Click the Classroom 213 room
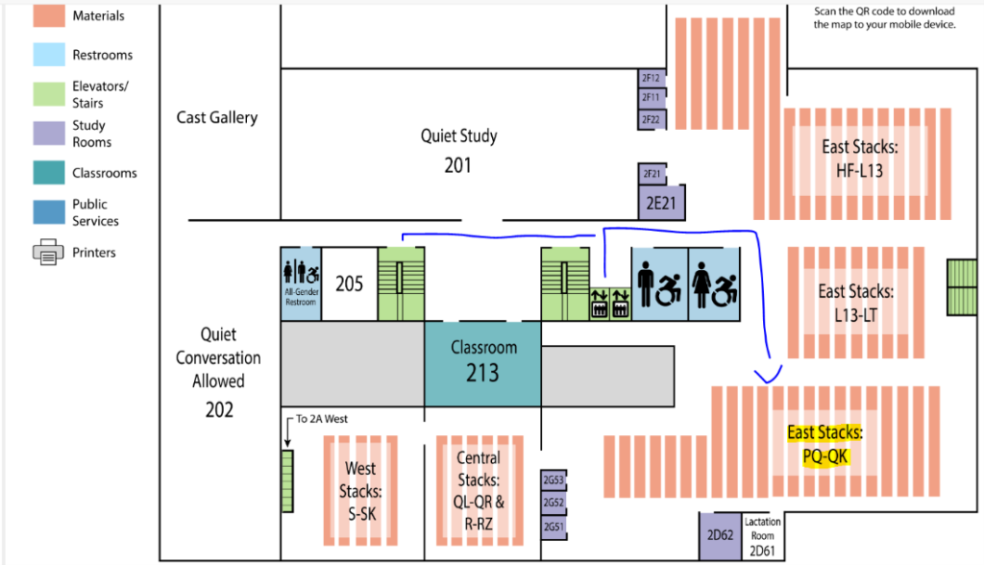(x=482, y=361)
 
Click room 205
(x=349, y=283)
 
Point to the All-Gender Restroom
(x=300, y=283)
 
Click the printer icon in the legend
(x=47, y=253)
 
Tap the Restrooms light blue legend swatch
(x=47, y=55)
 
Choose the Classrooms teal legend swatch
(x=47, y=173)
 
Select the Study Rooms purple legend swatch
(x=47, y=134)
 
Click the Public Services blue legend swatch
(x=47, y=212)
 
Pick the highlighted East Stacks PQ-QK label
(x=825, y=445)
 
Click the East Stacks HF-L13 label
(x=859, y=159)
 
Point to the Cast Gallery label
(x=217, y=118)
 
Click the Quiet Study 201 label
(x=458, y=151)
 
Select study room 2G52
(x=553, y=503)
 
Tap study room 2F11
(x=652, y=98)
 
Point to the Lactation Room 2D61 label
(x=763, y=536)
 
